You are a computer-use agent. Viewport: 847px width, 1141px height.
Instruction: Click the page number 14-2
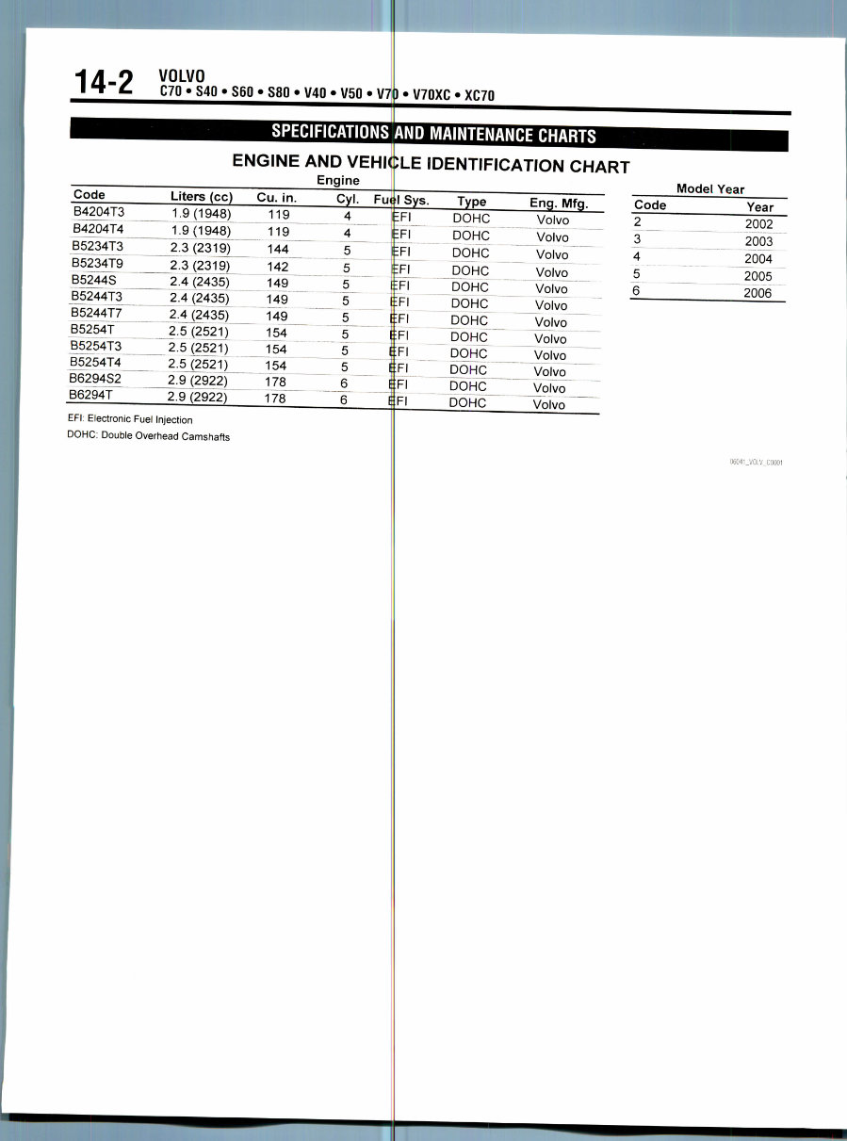coord(104,83)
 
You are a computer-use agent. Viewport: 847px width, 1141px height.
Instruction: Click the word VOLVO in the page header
coord(182,76)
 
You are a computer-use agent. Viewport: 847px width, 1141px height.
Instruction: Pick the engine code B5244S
coord(94,280)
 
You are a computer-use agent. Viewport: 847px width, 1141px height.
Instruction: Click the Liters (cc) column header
coord(201,197)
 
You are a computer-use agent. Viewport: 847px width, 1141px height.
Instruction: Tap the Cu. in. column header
coord(276,198)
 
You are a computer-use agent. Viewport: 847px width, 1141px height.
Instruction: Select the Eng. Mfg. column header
coord(559,202)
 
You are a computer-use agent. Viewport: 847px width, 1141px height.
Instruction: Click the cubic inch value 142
coord(277,267)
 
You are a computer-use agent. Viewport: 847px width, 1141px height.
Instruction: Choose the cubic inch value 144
coord(277,249)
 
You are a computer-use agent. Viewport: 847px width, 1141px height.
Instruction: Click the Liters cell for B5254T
coord(198,332)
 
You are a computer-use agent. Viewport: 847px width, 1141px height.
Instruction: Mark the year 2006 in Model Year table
coord(757,293)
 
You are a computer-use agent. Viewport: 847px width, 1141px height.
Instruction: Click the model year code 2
coord(638,223)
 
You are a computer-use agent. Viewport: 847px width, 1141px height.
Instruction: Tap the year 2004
coord(757,259)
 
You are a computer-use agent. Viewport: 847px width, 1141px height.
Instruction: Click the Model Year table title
coord(709,188)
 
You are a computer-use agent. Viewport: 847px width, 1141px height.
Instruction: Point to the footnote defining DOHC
coord(149,436)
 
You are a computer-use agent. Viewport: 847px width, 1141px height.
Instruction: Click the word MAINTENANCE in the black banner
coord(481,135)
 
